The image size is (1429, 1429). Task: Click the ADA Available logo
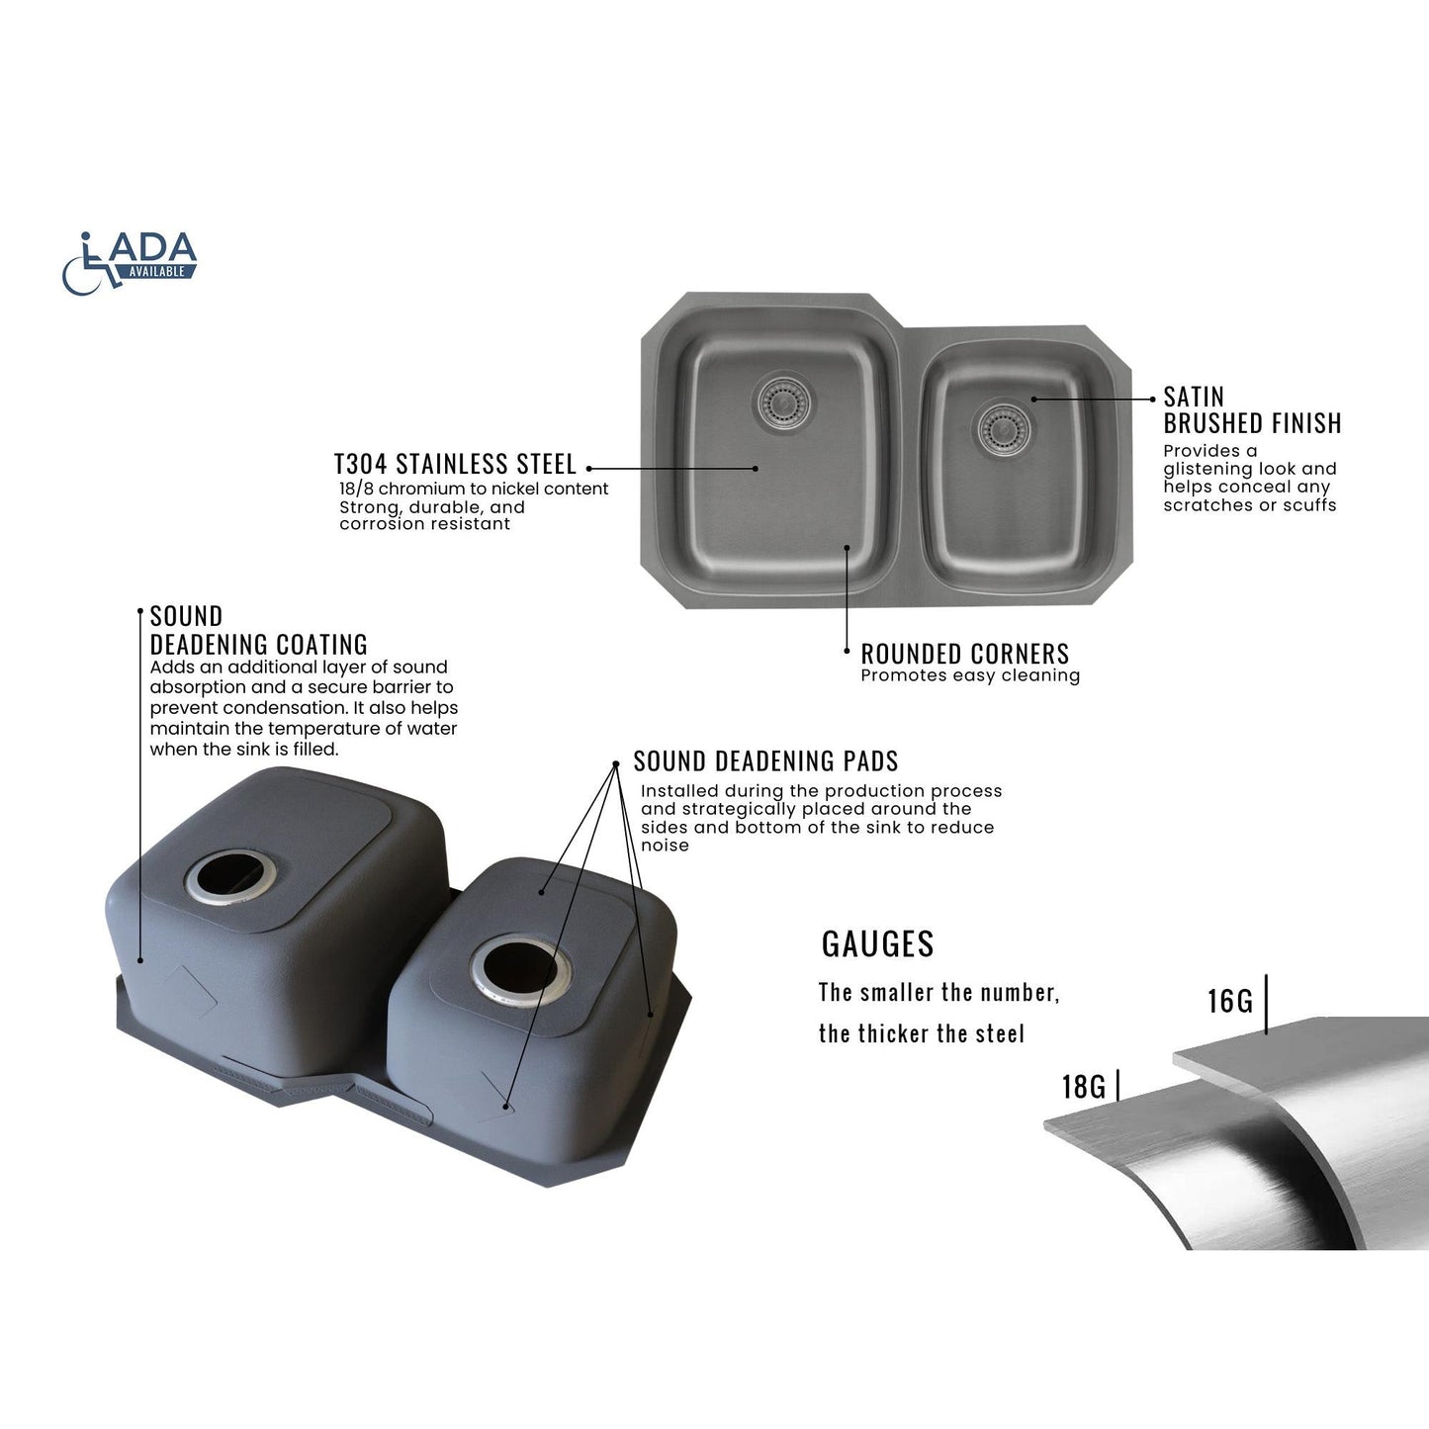129,263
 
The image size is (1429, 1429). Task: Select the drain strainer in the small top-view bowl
1004,429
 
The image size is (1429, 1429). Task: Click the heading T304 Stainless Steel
455,464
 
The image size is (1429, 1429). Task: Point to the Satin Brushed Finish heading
1252,410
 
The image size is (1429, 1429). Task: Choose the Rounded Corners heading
965,654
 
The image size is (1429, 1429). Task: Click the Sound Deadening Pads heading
765,760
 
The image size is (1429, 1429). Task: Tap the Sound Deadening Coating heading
259,630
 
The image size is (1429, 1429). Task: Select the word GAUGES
877,944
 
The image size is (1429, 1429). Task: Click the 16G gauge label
1229,1002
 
